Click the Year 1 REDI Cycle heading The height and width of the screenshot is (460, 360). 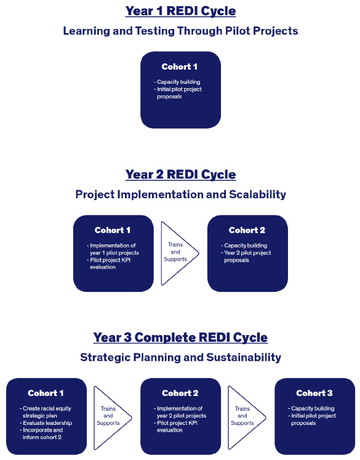(180, 11)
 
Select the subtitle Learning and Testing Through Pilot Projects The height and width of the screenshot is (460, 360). (180, 31)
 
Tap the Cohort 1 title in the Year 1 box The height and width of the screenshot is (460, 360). (180, 67)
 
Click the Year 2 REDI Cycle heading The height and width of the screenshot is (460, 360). (180, 175)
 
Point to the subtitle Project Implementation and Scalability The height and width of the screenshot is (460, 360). (180, 195)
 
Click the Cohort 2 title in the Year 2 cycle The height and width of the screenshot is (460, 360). (247, 230)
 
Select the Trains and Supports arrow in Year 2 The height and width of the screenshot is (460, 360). (177, 252)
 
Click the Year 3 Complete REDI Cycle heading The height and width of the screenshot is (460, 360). (180, 337)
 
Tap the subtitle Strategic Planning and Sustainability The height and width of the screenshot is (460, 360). (180, 357)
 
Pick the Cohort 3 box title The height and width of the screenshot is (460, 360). (314, 393)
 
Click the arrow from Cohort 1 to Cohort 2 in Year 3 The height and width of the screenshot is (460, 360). (110, 416)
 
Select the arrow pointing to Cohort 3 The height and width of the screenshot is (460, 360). (244, 416)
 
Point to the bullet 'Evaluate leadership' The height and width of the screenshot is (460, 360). (46, 423)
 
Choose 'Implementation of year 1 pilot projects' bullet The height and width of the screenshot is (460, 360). (113, 249)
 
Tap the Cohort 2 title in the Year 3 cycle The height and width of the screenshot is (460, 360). (180, 393)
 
